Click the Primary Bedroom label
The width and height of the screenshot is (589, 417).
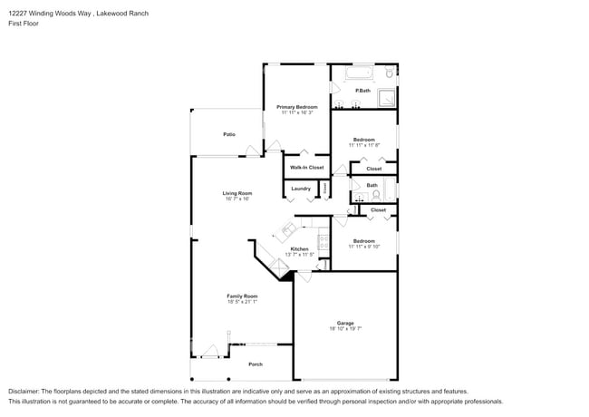pyautogui.click(x=297, y=107)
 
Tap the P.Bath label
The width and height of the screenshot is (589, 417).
pyautogui.click(x=362, y=91)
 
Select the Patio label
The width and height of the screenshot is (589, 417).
pyautogui.click(x=229, y=134)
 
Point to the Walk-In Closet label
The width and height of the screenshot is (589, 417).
pyautogui.click(x=306, y=167)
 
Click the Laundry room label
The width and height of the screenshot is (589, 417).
pyautogui.click(x=301, y=189)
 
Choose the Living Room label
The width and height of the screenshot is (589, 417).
pyautogui.click(x=237, y=193)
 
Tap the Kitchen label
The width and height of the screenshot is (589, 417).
pyautogui.click(x=299, y=248)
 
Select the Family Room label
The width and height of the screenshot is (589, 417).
pyautogui.click(x=242, y=296)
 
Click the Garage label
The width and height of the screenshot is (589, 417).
pyautogui.click(x=345, y=323)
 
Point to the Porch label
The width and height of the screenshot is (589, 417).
pyautogui.click(x=256, y=364)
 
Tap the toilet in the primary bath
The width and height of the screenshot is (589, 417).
pyautogui.click(x=390, y=72)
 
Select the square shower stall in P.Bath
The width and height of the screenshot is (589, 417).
pyautogui.click(x=387, y=99)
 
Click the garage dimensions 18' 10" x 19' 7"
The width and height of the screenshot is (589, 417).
pyautogui.click(x=345, y=329)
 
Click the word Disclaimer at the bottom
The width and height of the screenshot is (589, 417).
pyautogui.click(x=24, y=390)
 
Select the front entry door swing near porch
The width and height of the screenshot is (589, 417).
pyautogui.click(x=210, y=352)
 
